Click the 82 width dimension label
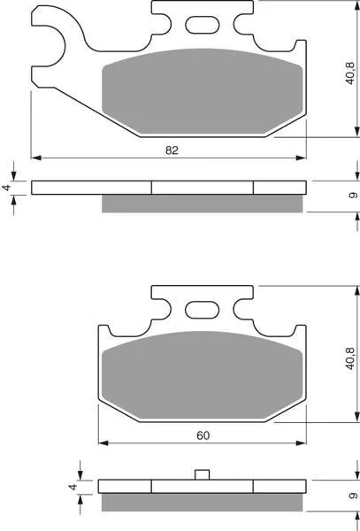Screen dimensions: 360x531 pyautogui.click(x=172, y=150)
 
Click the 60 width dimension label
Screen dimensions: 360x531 pyautogui.click(x=203, y=435)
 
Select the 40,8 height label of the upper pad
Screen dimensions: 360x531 pyautogui.click(x=350, y=73)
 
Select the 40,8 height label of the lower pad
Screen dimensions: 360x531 pyautogui.click(x=350, y=358)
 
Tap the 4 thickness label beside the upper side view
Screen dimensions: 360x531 pyautogui.click(x=7, y=188)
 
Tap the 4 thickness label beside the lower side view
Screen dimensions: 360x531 pyautogui.click(x=73, y=487)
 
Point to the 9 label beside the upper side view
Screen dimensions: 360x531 pyautogui.click(x=353, y=196)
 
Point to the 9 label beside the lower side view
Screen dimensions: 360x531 pyautogui.click(x=353, y=496)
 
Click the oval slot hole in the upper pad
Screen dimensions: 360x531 pyautogui.click(x=203, y=25)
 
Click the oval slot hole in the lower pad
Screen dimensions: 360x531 pyautogui.click(x=203, y=310)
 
